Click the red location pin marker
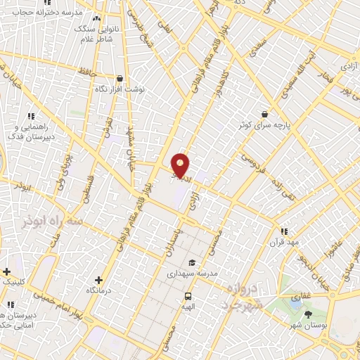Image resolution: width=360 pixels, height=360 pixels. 181,165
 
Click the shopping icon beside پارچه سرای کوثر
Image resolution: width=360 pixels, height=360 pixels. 264,113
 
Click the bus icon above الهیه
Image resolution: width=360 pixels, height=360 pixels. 188,296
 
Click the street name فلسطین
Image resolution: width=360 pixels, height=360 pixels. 88,190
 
